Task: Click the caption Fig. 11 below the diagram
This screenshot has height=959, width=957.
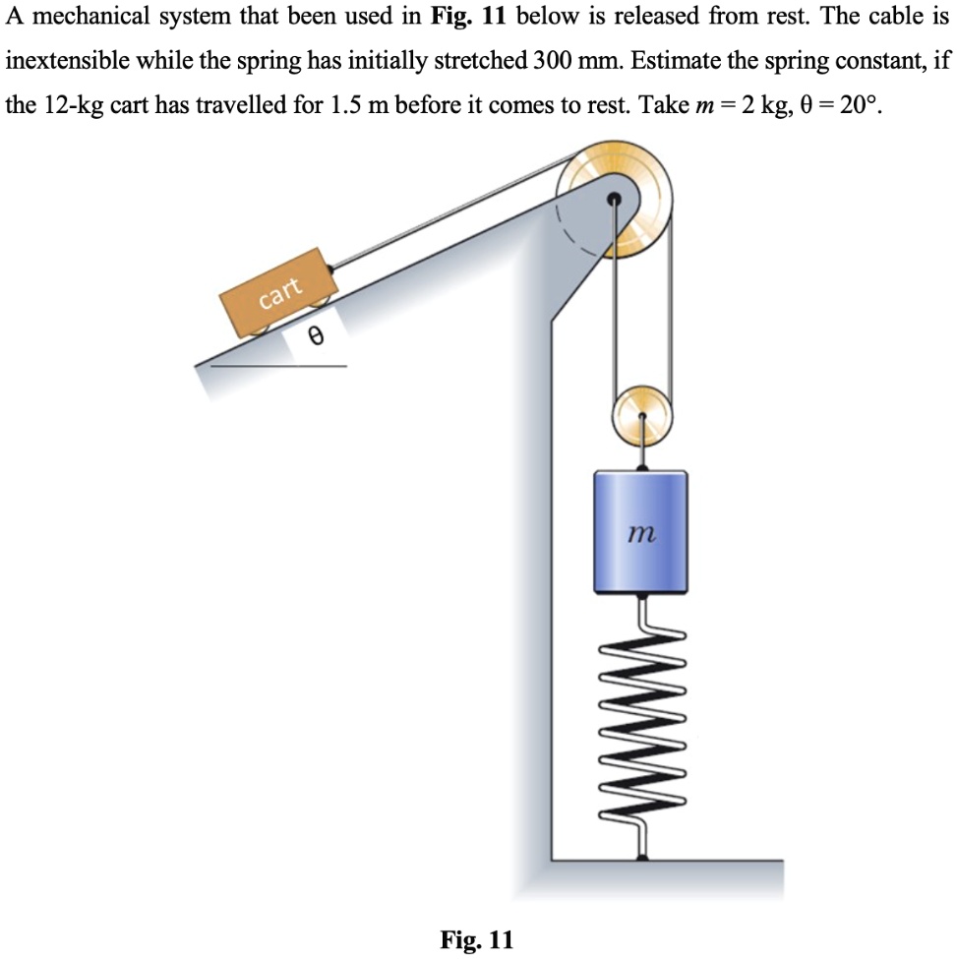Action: (477, 939)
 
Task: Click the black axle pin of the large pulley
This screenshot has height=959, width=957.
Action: (614, 199)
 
